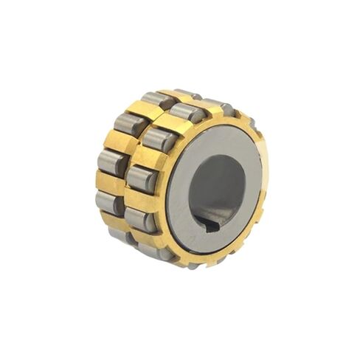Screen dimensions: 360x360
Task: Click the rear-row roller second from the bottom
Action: (110, 202)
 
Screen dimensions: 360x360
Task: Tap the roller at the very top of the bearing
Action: (187, 94)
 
